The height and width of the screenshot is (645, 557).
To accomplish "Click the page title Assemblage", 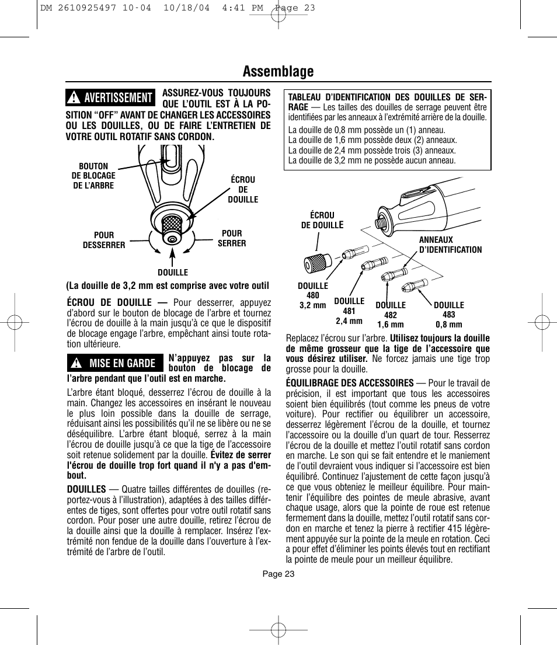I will pos(278,71).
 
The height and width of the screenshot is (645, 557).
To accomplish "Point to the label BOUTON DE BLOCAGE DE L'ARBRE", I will pos(93,176).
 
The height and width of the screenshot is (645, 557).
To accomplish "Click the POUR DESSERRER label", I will pos(104,240).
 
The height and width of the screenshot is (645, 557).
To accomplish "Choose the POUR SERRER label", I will pos(232,238).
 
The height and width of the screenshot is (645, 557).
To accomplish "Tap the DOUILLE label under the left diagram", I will pos(173,273).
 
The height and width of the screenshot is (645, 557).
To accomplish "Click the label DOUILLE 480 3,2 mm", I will pos(313,295).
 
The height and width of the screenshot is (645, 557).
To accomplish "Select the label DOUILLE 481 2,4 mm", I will pos(349,311).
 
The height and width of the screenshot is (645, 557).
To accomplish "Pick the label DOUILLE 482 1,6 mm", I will pos(391,315).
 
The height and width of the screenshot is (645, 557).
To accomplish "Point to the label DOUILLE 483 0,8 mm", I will pos(449,315).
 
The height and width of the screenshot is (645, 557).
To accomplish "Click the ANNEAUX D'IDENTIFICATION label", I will pos(450,245).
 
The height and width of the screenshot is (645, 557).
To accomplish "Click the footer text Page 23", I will pos(278,574).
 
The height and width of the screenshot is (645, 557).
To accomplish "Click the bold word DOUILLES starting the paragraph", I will pos(86,489).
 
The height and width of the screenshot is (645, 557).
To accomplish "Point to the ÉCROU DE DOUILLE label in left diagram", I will pos(243,190).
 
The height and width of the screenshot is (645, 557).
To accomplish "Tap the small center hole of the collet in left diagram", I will pos(173,238).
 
